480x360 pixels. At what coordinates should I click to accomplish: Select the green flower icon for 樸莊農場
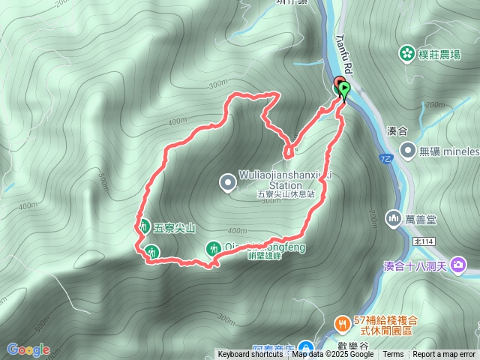pyautogui.click(x=406, y=52)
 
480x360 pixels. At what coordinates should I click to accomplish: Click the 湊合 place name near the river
pyautogui.click(x=396, y=130)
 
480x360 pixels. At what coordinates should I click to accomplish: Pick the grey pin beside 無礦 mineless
pyautogui.click(x=408, y=151)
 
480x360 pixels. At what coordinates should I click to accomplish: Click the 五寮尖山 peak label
pyautogui.click(x=174, y=227)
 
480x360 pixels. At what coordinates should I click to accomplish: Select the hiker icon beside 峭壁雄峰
pyautogui.click(x=213, y=247)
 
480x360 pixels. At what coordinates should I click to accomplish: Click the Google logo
pyautogui.click(x=28, y=349)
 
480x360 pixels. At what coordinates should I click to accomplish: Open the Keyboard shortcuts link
pyautogui.click(x=250, y=355)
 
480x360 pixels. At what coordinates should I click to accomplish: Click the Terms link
pyautogui.click(x=393, y=355)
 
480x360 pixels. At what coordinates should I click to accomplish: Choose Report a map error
pyautogui.click(x=444, y=355)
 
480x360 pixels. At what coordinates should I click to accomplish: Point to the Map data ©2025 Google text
pyautogui.click(x=332, y=355)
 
